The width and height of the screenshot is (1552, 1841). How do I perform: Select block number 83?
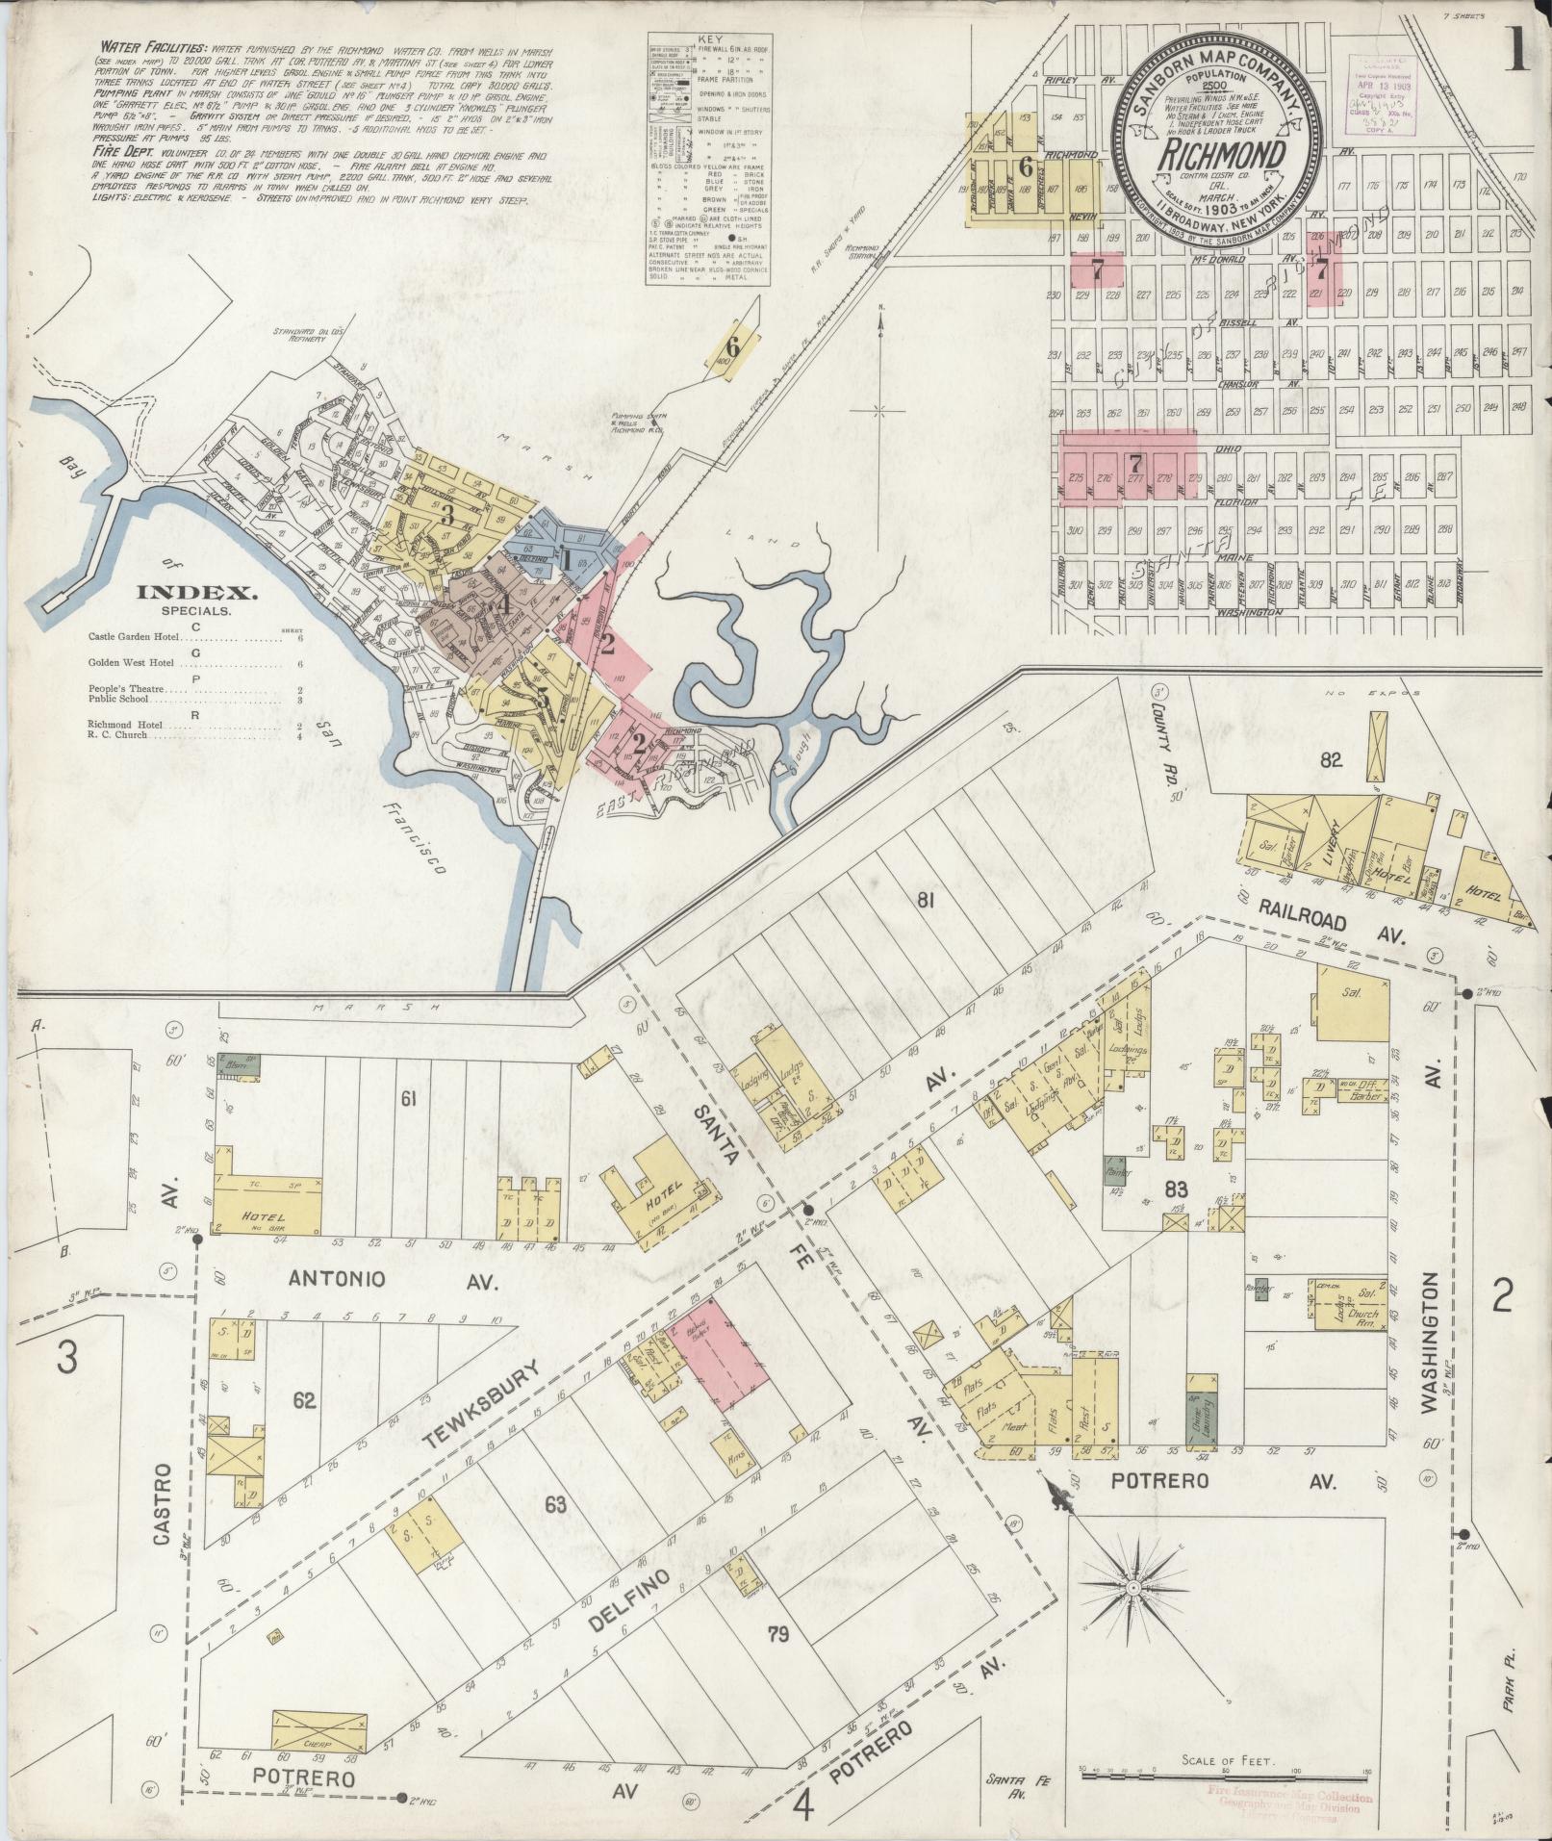pos(1176,1189)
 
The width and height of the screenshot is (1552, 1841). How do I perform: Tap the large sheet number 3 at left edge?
pos(66,1360)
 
